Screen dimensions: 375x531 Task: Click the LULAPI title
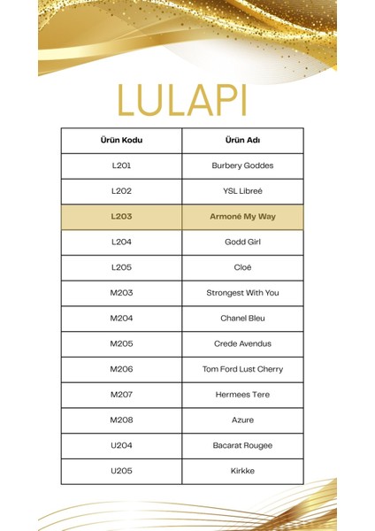pos(187,99)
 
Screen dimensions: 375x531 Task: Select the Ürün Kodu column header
pos(121,140)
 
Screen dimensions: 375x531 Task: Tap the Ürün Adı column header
pos(242,140)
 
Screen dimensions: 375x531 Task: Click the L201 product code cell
pos(121,165)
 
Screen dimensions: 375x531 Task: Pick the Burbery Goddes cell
pos(242,165)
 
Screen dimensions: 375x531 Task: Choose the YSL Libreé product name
pos(242,191)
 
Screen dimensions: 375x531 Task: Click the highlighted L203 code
pos(121,216)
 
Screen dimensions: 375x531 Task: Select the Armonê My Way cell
pos(242,216)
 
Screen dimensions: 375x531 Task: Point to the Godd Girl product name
pos(242,242)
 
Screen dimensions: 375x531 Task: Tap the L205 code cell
pos(121,267)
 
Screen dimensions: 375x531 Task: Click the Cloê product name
pos(242,267)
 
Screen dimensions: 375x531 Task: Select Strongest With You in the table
pos(242,293)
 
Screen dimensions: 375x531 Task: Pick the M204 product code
pos(121,318)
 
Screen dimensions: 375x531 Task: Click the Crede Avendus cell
pos(242,343)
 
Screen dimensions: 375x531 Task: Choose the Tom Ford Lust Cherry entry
pos(242,369)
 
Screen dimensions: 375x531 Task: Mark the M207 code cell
pos(121,395)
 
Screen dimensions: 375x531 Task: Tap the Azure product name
pos(242,419)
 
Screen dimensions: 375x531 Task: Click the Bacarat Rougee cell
pos(242,445)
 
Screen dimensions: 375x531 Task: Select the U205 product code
pos(121,471)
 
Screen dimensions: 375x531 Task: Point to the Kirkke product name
pos(242,471)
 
